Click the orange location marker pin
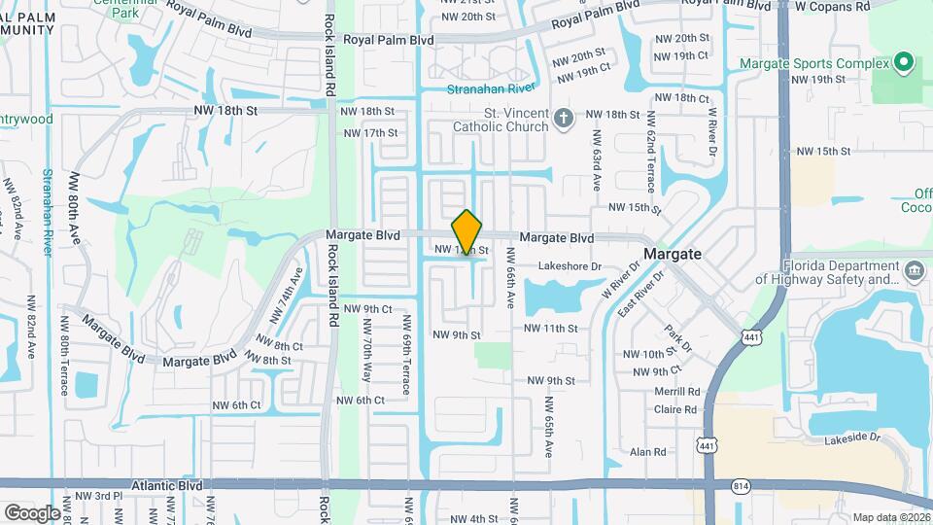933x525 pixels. (467, 232)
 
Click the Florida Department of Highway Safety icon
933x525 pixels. (915, 269)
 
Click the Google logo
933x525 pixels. (32, 512)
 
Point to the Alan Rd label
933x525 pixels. (647, 452)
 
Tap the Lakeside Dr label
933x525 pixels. (852, 438)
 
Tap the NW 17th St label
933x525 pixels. (369, 132)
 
